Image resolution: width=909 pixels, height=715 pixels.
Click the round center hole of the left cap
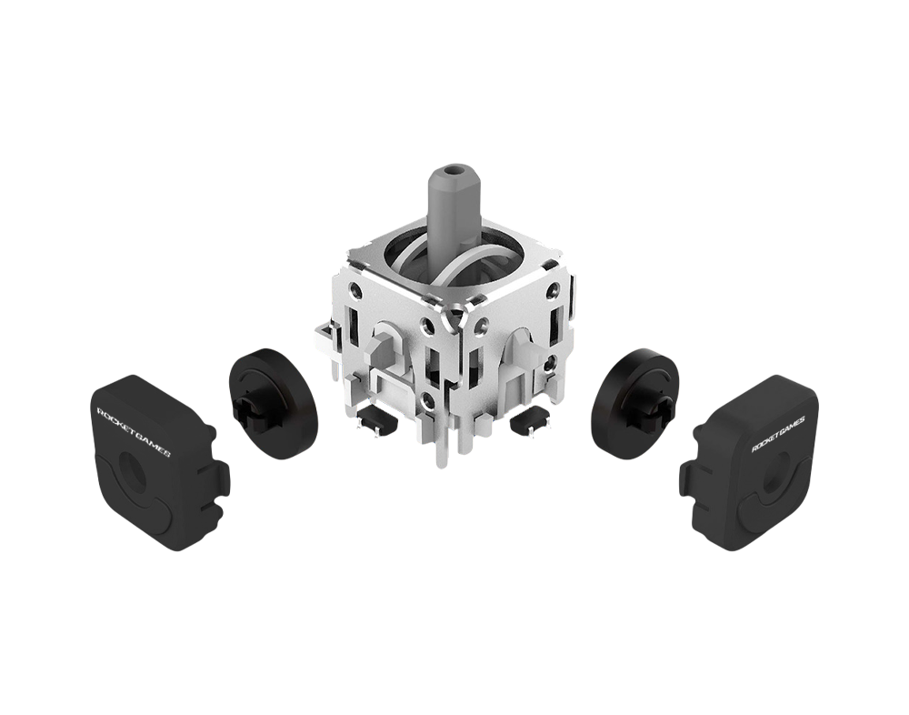pyautogui.click(x=132, y=468)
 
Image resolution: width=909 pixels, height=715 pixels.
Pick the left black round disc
pyautogui.click(x=273, y=396)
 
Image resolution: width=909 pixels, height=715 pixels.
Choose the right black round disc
pyautogui.click(x=639, y=396)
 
